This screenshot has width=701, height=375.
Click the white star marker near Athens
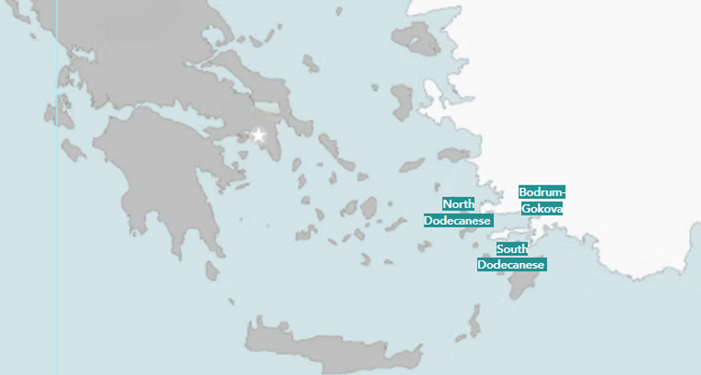pos(258,135)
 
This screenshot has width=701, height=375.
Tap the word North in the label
pos(458,205)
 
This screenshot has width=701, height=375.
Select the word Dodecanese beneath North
pos(457,220)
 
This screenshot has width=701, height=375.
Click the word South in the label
pos(511,249)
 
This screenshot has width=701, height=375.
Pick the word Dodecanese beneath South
pos(511,265)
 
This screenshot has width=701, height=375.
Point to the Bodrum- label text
pos(541,191)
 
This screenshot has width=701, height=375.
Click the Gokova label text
pos(541,208)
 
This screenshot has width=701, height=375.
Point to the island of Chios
pos(404,101)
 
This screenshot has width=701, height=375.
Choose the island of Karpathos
pos(474,321)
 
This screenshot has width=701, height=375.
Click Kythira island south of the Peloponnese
pos(212,272)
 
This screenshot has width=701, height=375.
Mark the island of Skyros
pos(312,63)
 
